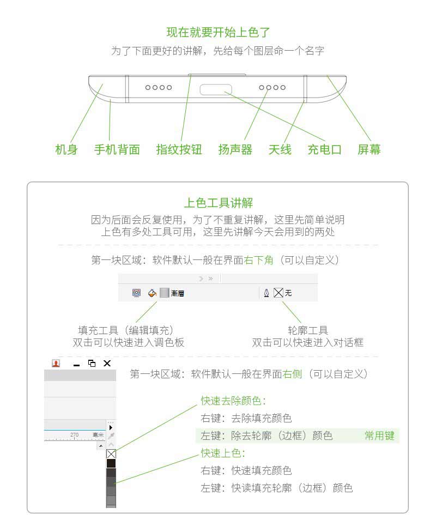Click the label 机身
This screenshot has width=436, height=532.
[x=66, y=149]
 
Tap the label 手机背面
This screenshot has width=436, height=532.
[x=117, y=149]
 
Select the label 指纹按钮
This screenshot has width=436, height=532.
[x=179, y=149]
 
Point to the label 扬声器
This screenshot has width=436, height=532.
[x=235, y=149]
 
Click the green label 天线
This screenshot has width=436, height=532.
[x=280, y=149]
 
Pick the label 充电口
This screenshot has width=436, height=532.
[x=324, y=149]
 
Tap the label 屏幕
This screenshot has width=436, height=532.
[x=369, y=149]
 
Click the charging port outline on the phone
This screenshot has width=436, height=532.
[x=216, y=89]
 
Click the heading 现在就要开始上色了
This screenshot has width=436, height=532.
[x=218, y=32]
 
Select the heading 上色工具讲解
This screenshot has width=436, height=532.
[x=218, y=203]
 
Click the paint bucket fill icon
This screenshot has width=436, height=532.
[x=153, y=293]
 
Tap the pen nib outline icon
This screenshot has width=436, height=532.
[x=267, y=293]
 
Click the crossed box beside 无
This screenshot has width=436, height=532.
[x=278, y=293]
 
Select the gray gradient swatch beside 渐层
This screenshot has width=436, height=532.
[x=164, y=293]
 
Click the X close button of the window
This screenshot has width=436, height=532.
[x=107, y=364]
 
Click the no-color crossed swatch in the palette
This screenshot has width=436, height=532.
[x=111, y=454]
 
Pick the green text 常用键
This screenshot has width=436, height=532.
[x=379, y=436]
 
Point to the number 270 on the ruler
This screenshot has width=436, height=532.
[x=74, y=434]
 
